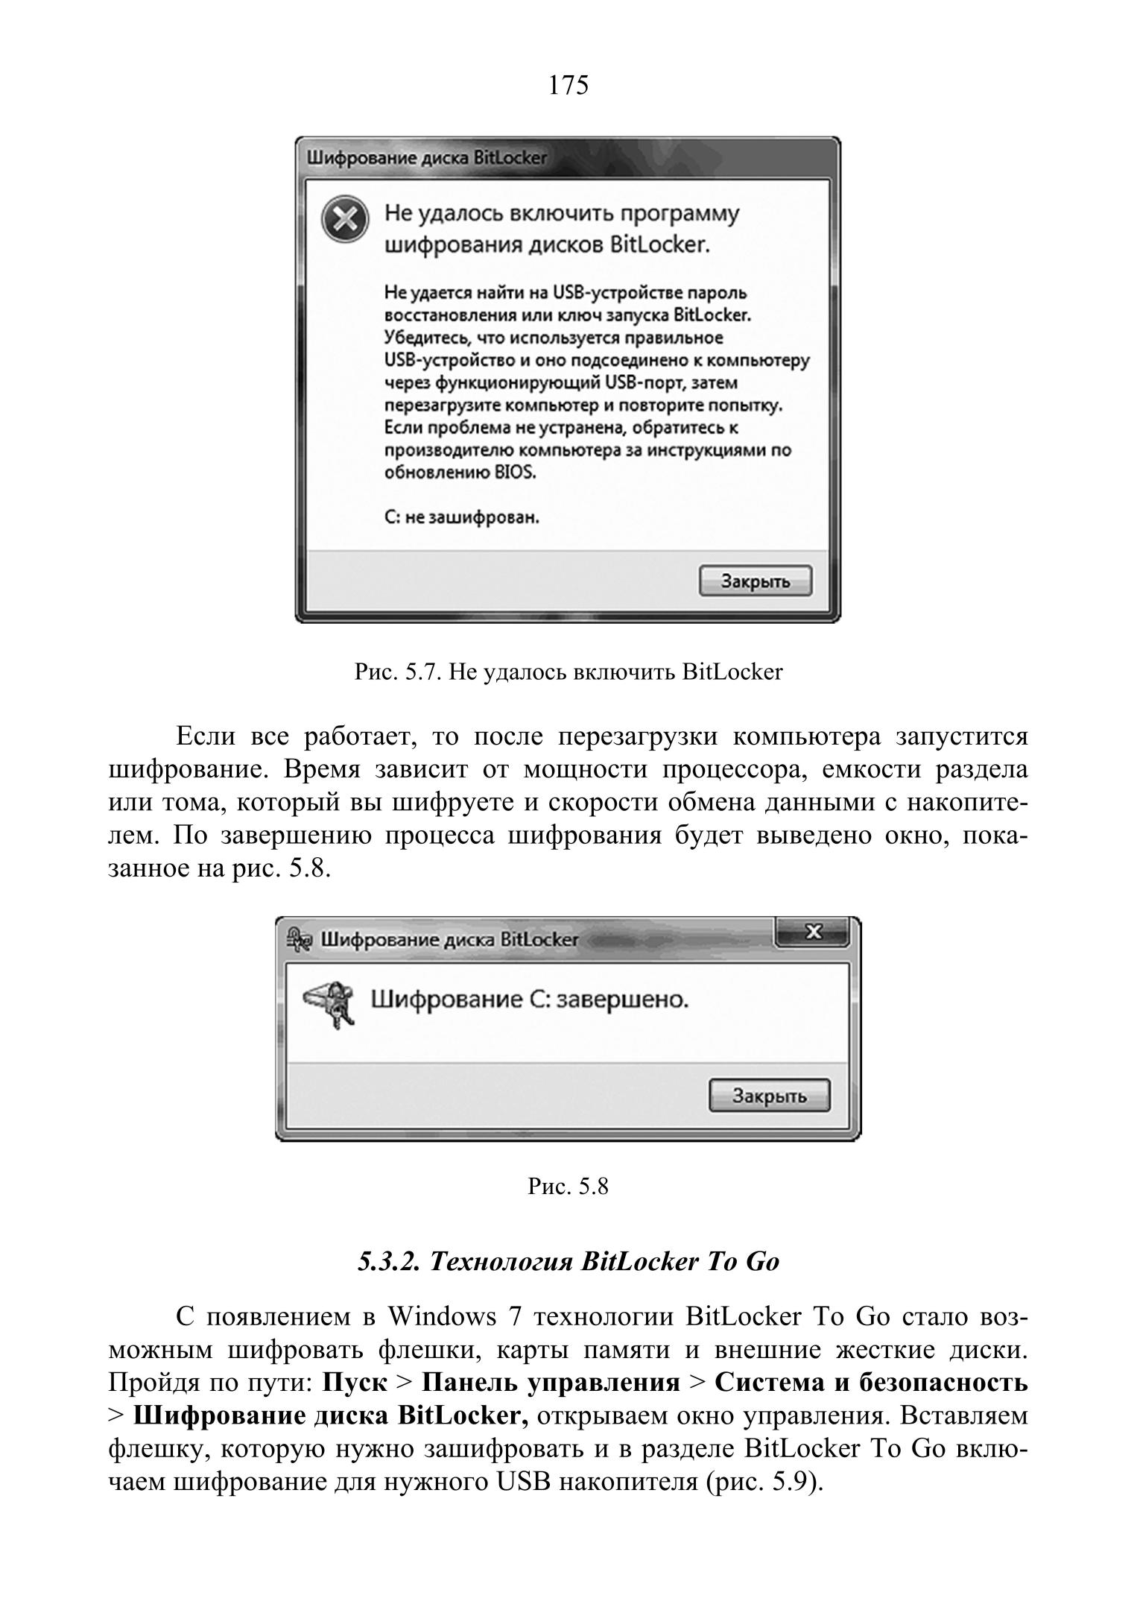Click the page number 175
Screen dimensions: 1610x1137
click(568, 86)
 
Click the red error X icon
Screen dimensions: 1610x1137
click(344, 221)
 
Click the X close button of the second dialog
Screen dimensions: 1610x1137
click(813, 932)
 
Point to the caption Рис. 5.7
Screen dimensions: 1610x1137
click(568, 672)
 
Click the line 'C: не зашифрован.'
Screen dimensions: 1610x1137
click(462, 517)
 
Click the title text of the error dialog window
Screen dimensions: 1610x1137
click(427, 159)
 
